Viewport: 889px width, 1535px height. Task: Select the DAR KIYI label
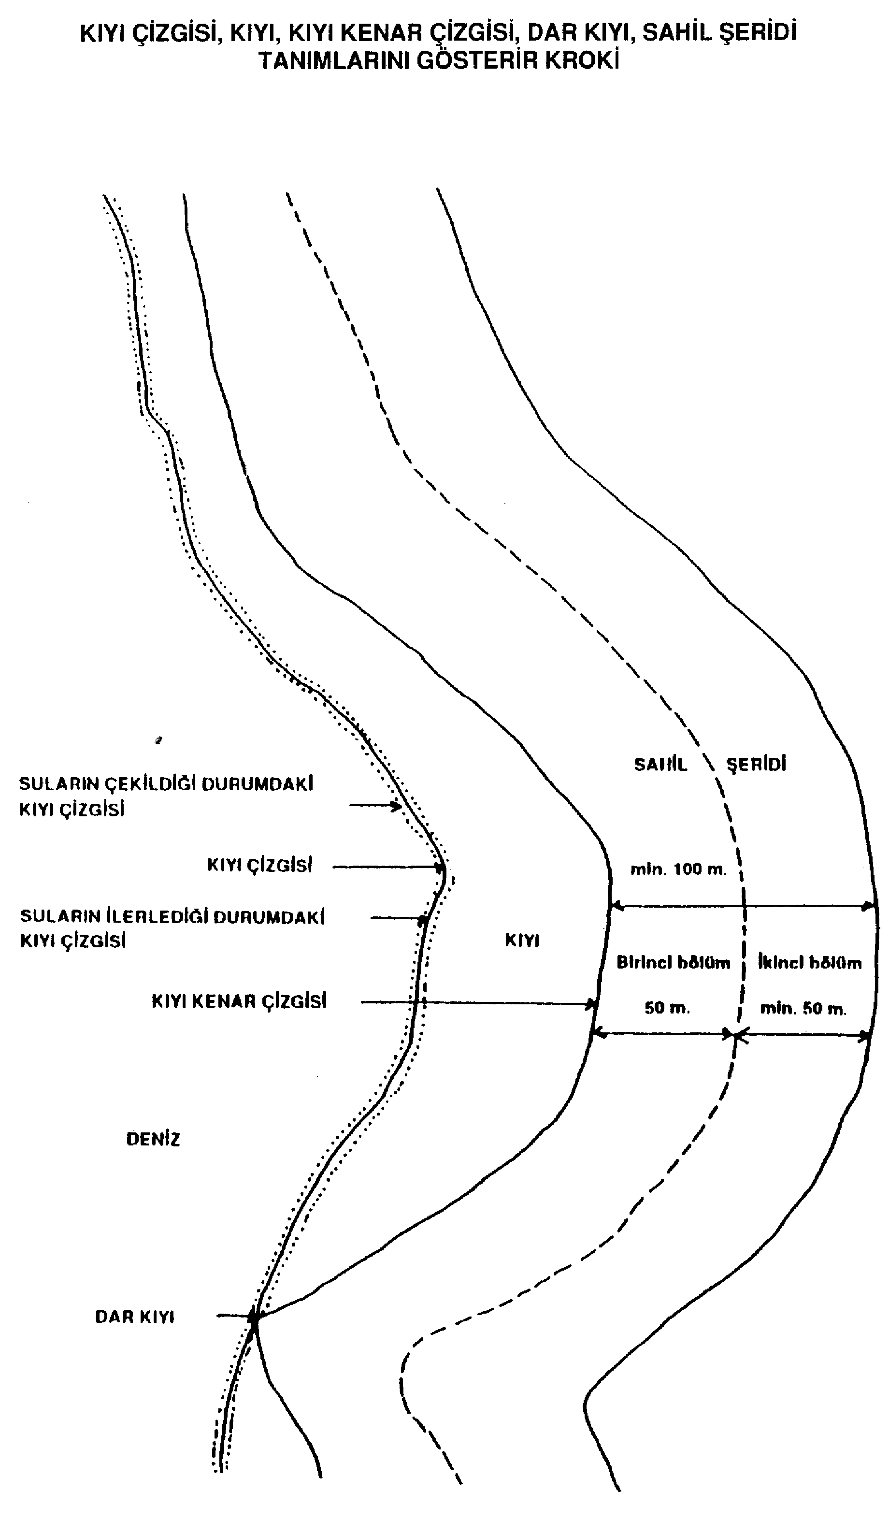tap(135, 1317)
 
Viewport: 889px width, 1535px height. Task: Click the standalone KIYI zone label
tap(522, 941)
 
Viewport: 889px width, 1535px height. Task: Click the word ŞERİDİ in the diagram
tap(756, 765)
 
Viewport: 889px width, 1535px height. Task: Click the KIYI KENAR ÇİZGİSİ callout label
tap(239, 1002)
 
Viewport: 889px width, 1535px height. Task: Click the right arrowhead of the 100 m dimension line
tap(870, 906)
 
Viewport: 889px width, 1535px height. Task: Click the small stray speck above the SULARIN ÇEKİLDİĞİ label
tap(159, 741)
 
